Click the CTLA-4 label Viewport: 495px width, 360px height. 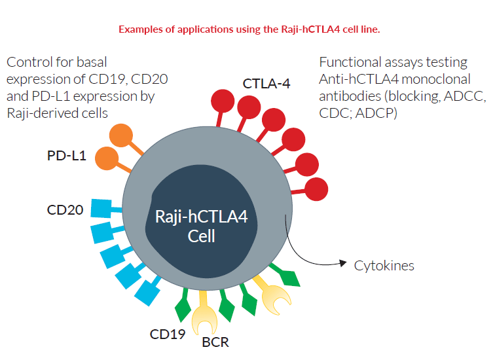[x=267, y=84]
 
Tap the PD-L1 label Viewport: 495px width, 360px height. [x=67, y=157]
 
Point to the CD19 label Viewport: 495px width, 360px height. [x=168, y=334]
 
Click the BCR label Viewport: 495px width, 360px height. [x=215, y=341]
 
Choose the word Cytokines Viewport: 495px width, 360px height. [x=384, y=266]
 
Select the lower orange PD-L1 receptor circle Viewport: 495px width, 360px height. [x=106, y=158]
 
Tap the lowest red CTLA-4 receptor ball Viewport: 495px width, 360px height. [x=316, y=189]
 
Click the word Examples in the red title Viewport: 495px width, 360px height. [x=139, y=29]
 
